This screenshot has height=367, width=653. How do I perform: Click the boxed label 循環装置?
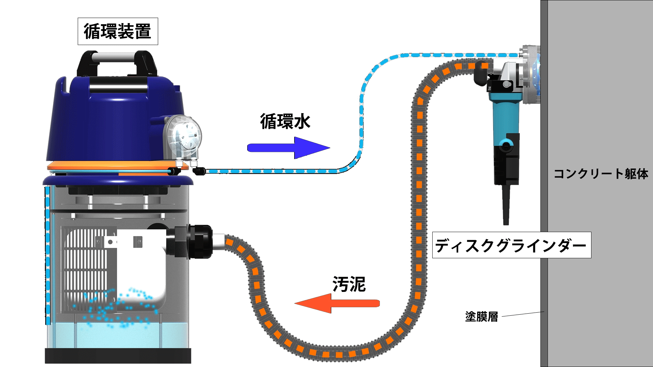(x=118, y=31)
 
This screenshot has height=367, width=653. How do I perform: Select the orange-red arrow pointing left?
(x=337, y=303)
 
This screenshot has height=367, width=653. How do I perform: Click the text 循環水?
(x=285, y=121)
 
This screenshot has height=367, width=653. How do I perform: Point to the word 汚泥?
(x=349, y=284)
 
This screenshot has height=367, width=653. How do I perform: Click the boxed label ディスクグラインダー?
(x=511, y=245)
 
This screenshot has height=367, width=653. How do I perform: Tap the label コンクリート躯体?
(x=601, y=174)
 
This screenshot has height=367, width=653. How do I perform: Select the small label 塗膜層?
(x=481, y=316)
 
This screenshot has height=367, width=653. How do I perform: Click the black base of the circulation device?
(x=118, y=355)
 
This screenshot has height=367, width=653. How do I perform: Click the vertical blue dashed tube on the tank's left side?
(x=48, y=255)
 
